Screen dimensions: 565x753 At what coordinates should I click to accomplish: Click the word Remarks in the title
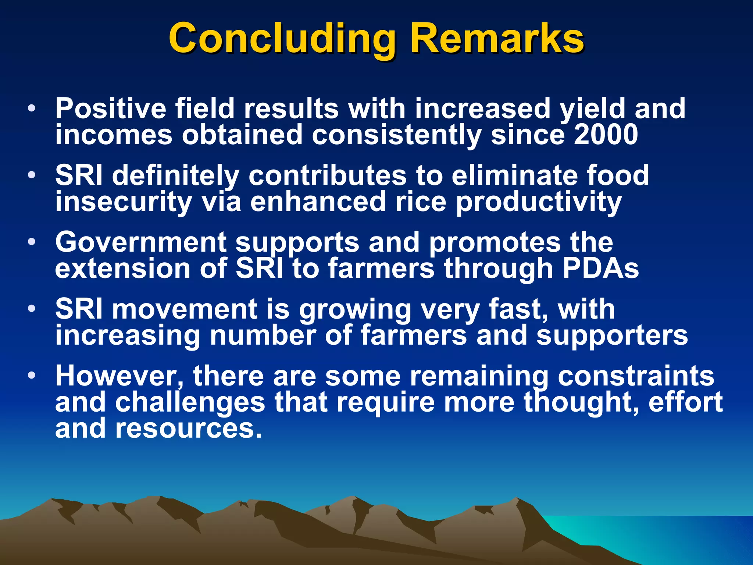coord(496,39)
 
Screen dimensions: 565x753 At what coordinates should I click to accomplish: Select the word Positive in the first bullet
coord(110,109)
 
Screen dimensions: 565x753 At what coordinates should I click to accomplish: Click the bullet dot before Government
coord(32,242)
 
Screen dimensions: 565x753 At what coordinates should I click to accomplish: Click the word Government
coord(140,243)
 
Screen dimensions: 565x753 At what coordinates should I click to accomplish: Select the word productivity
coord(539,202)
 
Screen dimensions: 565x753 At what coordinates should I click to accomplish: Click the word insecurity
coord(124,202)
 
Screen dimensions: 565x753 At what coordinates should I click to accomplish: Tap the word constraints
coord(636,376)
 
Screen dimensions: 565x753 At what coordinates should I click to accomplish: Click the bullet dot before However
coord(32,376)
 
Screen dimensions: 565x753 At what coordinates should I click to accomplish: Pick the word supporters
coord(612,335)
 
